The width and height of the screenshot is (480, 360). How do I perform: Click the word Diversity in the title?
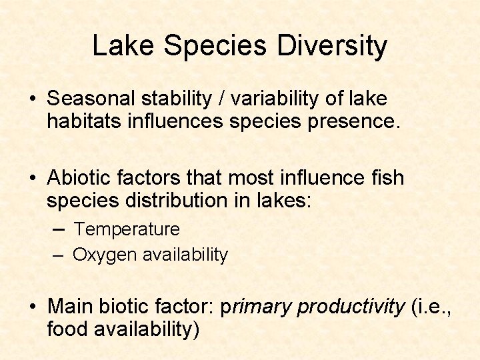pos(332,46)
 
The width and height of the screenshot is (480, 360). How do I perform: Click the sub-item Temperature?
pos(127,229)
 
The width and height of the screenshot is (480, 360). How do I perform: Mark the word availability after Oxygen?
pos(185,255)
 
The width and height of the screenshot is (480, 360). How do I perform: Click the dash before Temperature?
pos(60,229)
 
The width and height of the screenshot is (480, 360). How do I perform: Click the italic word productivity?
pos(351,307)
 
